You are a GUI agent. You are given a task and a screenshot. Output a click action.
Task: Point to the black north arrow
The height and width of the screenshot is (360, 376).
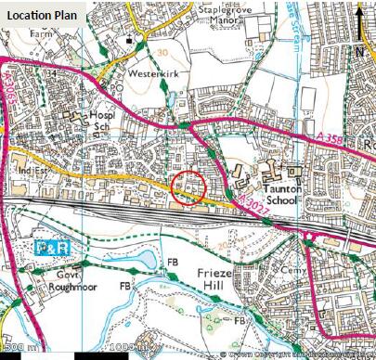(x=359, y=18)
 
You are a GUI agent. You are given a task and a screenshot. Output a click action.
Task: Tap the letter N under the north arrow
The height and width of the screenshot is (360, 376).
(x=359, y=53)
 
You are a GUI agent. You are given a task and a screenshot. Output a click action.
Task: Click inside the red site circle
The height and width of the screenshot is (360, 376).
(x=189, y=188)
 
